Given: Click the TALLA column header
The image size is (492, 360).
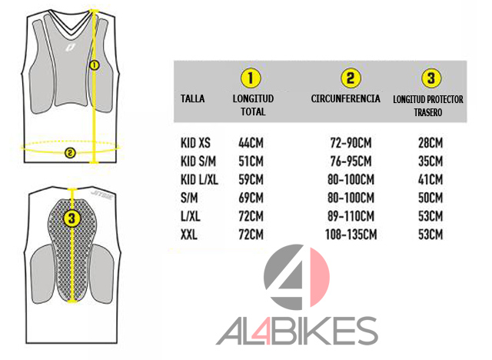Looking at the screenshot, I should (191, 99).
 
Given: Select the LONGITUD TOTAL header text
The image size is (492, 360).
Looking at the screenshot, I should (253, 105).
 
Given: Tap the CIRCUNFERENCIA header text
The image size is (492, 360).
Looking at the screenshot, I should (346, 99).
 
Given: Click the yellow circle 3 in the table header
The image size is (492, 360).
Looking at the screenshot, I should (431, 78).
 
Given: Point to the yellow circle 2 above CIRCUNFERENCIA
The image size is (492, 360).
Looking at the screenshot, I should (351, 78).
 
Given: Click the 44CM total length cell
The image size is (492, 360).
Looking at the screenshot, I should (251, 144).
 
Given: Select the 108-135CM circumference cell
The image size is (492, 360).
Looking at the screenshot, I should (351, 235).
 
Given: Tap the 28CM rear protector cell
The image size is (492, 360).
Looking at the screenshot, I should (430, 144).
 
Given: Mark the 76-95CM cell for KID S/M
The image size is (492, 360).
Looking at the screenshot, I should (351, 162).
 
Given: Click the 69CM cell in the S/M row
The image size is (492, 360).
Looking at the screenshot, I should (251, 198).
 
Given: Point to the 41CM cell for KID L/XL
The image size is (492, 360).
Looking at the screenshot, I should (430, 180).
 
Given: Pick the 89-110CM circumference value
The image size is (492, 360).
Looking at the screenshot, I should (351, 216).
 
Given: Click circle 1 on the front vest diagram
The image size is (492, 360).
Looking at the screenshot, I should (94, 65).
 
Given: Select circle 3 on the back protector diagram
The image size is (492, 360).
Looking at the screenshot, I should (72, 218).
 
